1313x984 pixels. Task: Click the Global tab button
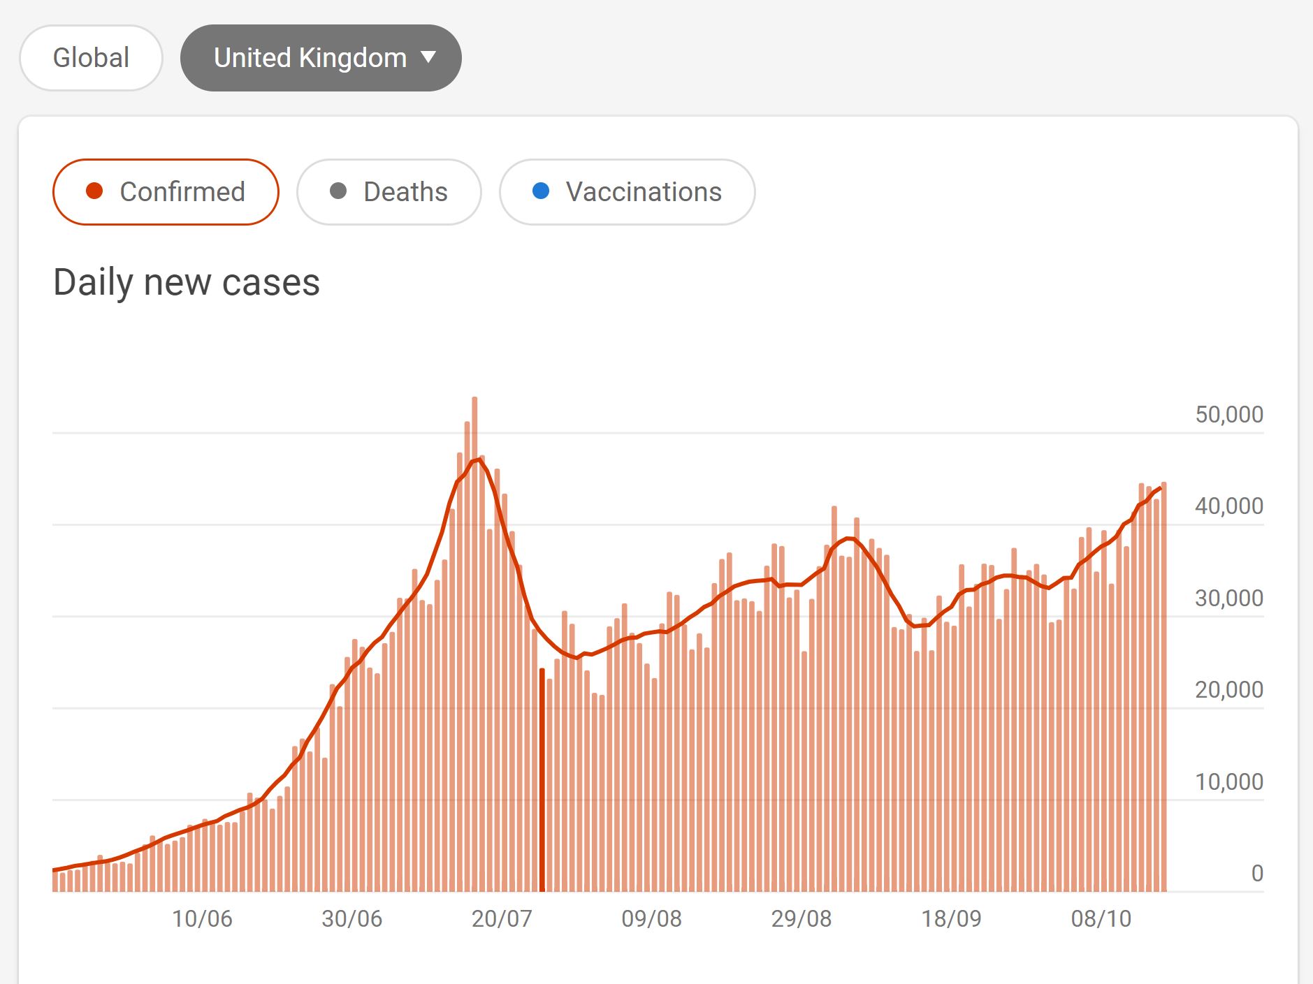click(x=91, y=58)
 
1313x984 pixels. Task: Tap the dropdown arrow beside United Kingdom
click(x=428, y=57)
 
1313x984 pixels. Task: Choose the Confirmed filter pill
click(x=166, y=192)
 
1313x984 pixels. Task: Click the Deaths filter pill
click(x=389, y=192)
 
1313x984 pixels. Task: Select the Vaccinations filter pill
click(x=627, y=192)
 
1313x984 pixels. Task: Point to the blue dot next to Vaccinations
click(x=541, y=191)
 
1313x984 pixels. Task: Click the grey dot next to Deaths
click(x=338, y=191)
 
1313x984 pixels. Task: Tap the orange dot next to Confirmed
click(x=94, y=191)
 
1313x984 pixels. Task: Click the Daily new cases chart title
click(x=187, y=283)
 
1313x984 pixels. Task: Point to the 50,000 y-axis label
click(x=1228, y=414)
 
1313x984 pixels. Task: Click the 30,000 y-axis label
click(x=1228, y=598)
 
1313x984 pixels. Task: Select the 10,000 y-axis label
click(x=1228, y=781)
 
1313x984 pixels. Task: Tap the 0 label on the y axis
click(x=1256, y=873)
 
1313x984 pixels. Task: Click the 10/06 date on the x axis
click(x=202, y=918)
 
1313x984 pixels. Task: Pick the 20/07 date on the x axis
click(x=502, y=918)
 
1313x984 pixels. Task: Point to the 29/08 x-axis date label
click(x=801, y=918)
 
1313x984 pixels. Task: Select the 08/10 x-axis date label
click(x=1101, y=918)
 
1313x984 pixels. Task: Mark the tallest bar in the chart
click(x=474, y=642)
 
